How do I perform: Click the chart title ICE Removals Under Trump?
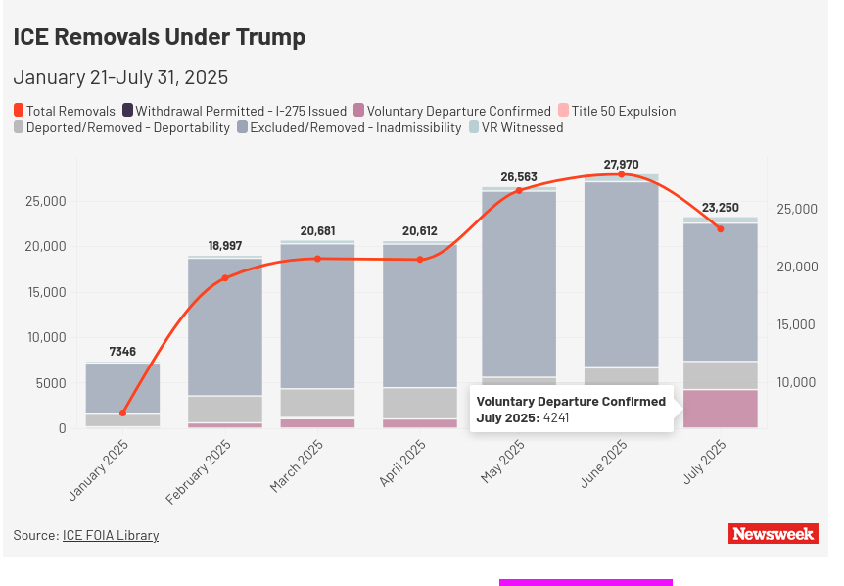(x=160, y=37)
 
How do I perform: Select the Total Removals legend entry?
(x=65, y=111)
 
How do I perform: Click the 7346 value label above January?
(x=122, y=352)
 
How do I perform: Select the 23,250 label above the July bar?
(x=720, y=208)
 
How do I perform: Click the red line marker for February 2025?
(x=224, y=278)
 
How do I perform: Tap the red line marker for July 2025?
(x=720, y=228)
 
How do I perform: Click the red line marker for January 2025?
(x=122, y=413)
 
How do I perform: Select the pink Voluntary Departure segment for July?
(x=720, y=409)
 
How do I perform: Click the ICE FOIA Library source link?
(x=111, y=535)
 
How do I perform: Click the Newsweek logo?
(x=774, y=533)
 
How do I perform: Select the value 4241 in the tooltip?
(x=556, y=418)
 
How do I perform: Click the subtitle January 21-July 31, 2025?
(x=120, y=77)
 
